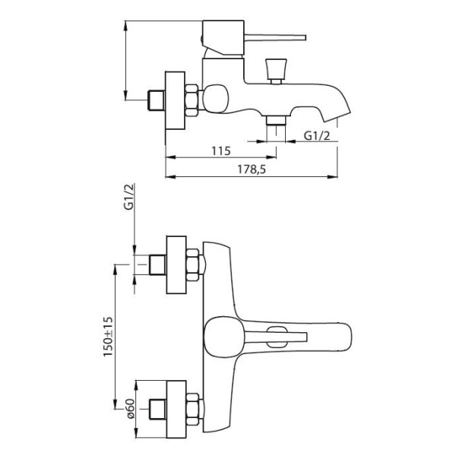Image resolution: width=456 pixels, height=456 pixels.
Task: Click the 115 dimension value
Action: (x=221, y=151)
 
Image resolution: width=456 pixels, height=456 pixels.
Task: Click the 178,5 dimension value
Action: (x=252, y=169)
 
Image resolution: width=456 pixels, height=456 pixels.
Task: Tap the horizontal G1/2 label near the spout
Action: (x=317, y=135)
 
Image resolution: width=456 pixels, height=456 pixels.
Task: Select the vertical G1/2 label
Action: (x=129, y=196)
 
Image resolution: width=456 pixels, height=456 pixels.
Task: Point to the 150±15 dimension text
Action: (x=108, y=336)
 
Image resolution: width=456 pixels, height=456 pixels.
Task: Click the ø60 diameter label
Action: (x=131, y=408)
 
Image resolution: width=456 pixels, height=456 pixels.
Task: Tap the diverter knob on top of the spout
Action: (x=276, y=69)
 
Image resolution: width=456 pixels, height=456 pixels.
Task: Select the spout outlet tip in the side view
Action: (x=337, y=116)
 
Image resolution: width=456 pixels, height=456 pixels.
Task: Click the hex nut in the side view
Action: (x=192, y=100)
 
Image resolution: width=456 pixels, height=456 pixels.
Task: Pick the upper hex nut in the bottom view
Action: (x=192, y=264)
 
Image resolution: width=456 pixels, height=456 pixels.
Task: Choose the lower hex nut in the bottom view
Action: (x=192, y=409)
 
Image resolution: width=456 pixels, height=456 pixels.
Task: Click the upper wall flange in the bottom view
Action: (x=176, y=264)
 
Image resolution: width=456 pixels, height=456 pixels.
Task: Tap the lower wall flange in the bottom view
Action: (x=176, y=409)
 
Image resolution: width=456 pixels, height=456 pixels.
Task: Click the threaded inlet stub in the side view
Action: (x=156, y=100)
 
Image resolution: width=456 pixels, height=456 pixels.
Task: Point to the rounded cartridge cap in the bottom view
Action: (x=223, y=336)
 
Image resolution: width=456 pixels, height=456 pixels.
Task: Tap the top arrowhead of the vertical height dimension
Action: (x=125, y=26)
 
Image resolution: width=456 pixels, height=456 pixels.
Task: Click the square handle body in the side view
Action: (x=223, y=37)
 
